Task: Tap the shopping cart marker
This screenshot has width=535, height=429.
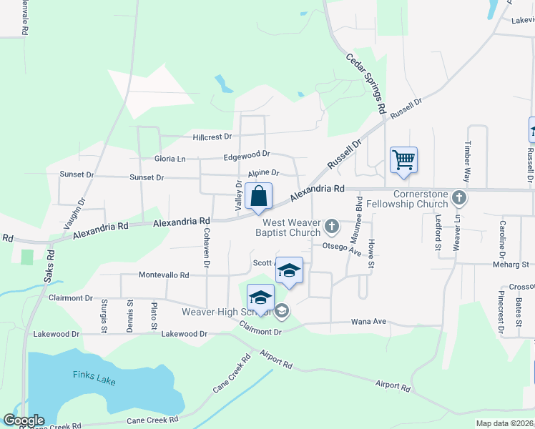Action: pos(403,160)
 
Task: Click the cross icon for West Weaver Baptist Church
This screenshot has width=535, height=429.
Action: pos(331,227)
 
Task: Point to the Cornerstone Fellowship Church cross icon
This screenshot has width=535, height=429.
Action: pos(459,197)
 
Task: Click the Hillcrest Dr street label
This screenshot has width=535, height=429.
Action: pos(212,137)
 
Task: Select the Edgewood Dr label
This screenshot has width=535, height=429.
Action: pos(247,154)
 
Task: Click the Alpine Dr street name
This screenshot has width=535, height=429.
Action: pos(263,173)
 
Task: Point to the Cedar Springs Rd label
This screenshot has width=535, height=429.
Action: pos(365,85)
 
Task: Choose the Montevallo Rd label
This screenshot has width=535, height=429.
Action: pos(163,275)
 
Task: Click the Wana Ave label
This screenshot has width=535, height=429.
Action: pos(368,322)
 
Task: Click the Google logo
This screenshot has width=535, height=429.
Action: pos(24,420)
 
